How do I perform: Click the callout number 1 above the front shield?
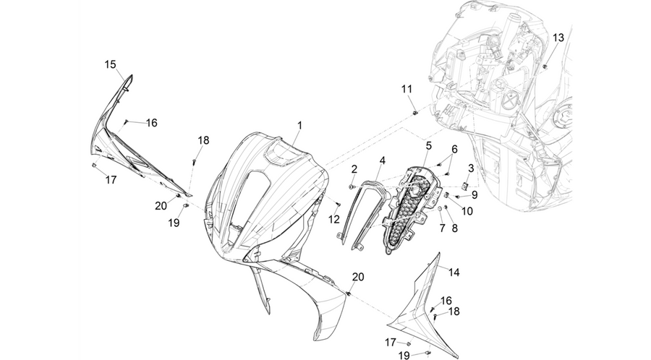pyautogui.click(x=299, y=125)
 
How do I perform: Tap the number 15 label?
pyautogui.click(x=110, y=65)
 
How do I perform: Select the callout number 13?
pyautogui.click(x=558, y=38)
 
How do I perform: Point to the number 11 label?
pyautogui.click(x=407, y=89)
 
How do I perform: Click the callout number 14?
pyautogui.click(x=454, y=273)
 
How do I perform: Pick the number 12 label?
pyautogui.click(x=334, y=220)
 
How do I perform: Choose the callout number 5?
pyautogui.click(x=428, y=145)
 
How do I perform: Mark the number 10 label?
pyautogui.click(x=467, y=212)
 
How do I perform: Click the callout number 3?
pyautogui.click(x=471, y=168)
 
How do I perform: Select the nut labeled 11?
pyautogui.click(x=414, y=113)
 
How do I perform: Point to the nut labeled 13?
pyautogui.click(x=545, y=66)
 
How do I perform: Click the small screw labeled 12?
pyautogui.click(x=338, y=203)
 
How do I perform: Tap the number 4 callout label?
pyautogui.click(x=382, y=160)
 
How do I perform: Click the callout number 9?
pyautogui.click(x=474, y=194)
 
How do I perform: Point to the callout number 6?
pyautogui.click(x=454, y=150)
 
